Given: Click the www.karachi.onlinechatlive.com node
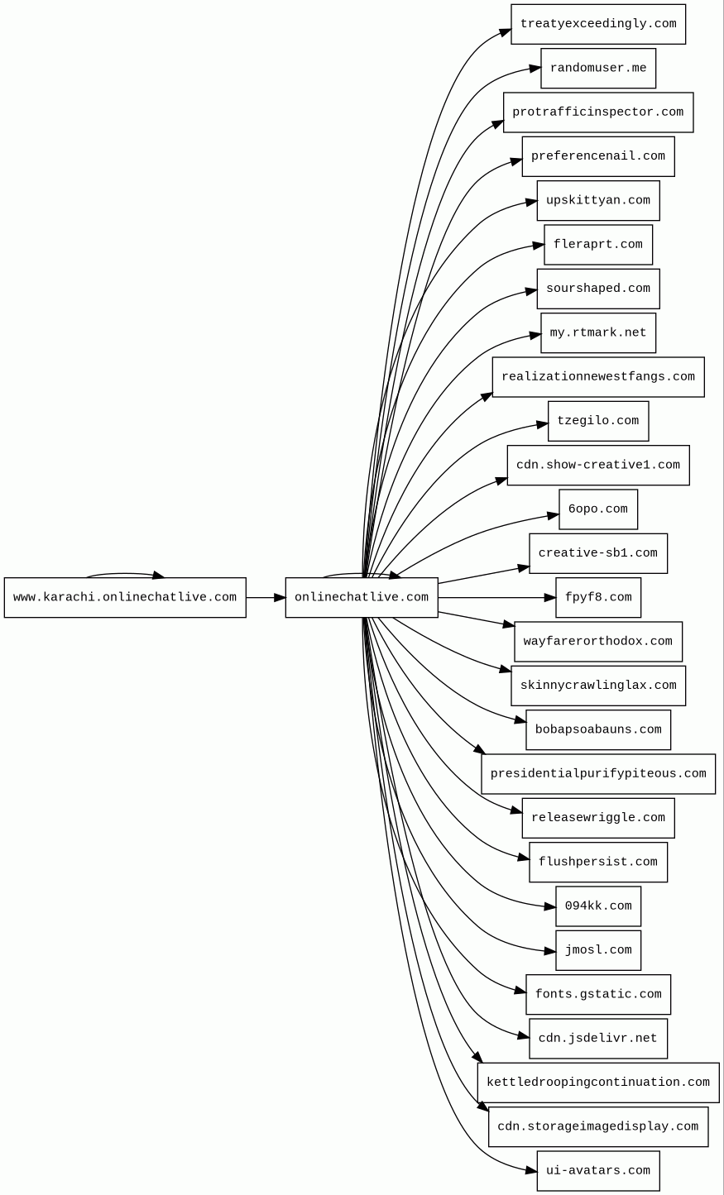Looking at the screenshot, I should click(125, 597).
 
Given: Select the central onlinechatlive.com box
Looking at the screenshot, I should click(362, 597).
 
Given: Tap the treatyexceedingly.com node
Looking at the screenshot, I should click(597, 24).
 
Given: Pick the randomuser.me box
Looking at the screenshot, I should click(597, 68).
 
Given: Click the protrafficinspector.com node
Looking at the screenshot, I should click(597, 112).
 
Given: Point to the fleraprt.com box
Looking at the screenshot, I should click(597, 245).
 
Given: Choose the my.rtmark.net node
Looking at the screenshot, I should click(597, 332).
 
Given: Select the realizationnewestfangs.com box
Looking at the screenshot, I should click(597, 377).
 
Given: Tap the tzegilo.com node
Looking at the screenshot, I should click(597, 421).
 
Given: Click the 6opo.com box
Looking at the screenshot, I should click(597, 509).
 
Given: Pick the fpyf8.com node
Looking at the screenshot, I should click(597, 597).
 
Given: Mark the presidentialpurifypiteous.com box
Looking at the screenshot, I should click(597, 774).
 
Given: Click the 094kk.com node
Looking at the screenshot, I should click(597, 906).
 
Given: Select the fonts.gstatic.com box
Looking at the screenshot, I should click(597, 994).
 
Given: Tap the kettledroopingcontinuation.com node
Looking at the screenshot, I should click(597, 1083).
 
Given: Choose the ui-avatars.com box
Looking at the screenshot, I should click(597, 1171).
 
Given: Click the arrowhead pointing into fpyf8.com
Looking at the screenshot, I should click(550, 597).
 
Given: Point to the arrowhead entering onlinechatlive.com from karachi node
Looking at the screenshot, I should click(280, 597).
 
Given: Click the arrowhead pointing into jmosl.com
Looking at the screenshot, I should click(550, 951).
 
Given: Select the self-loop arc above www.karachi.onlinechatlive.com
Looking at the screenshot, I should click(124, 573).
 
